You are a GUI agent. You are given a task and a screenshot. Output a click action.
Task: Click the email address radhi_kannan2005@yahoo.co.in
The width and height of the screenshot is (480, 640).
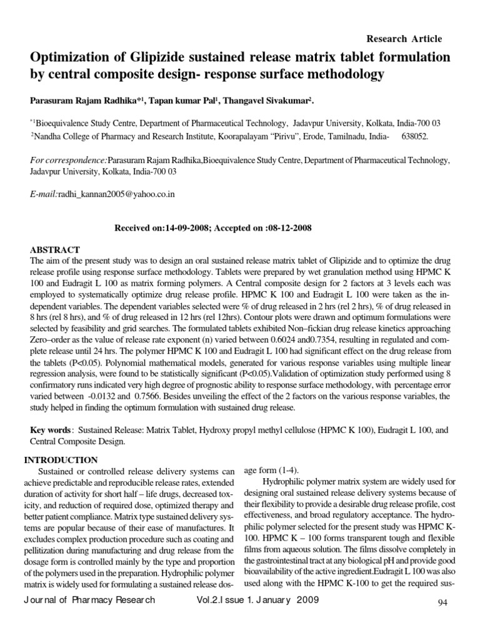[x=116, y=194]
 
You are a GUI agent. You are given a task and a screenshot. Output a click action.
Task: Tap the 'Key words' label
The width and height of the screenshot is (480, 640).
[x=51, y=431]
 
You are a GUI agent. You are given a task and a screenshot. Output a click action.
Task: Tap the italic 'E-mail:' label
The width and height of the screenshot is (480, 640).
[x=44, y=194]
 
